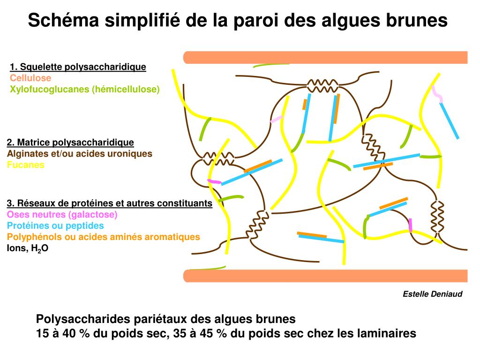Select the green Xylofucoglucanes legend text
pos(85,89)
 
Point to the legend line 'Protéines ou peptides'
pos(55,225)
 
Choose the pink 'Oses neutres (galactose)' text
pos(62,215)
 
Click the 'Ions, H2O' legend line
pos(28,248)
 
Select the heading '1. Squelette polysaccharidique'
pos(78,67)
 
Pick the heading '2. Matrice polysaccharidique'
pos(70,142)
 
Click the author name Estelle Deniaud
pos(433,294)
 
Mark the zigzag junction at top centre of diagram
pos(322,86)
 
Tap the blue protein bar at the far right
pos(450,121)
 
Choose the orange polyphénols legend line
pos(104,237)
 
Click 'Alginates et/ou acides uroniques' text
pos(80,154)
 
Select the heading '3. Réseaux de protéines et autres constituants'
pos(109,203)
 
